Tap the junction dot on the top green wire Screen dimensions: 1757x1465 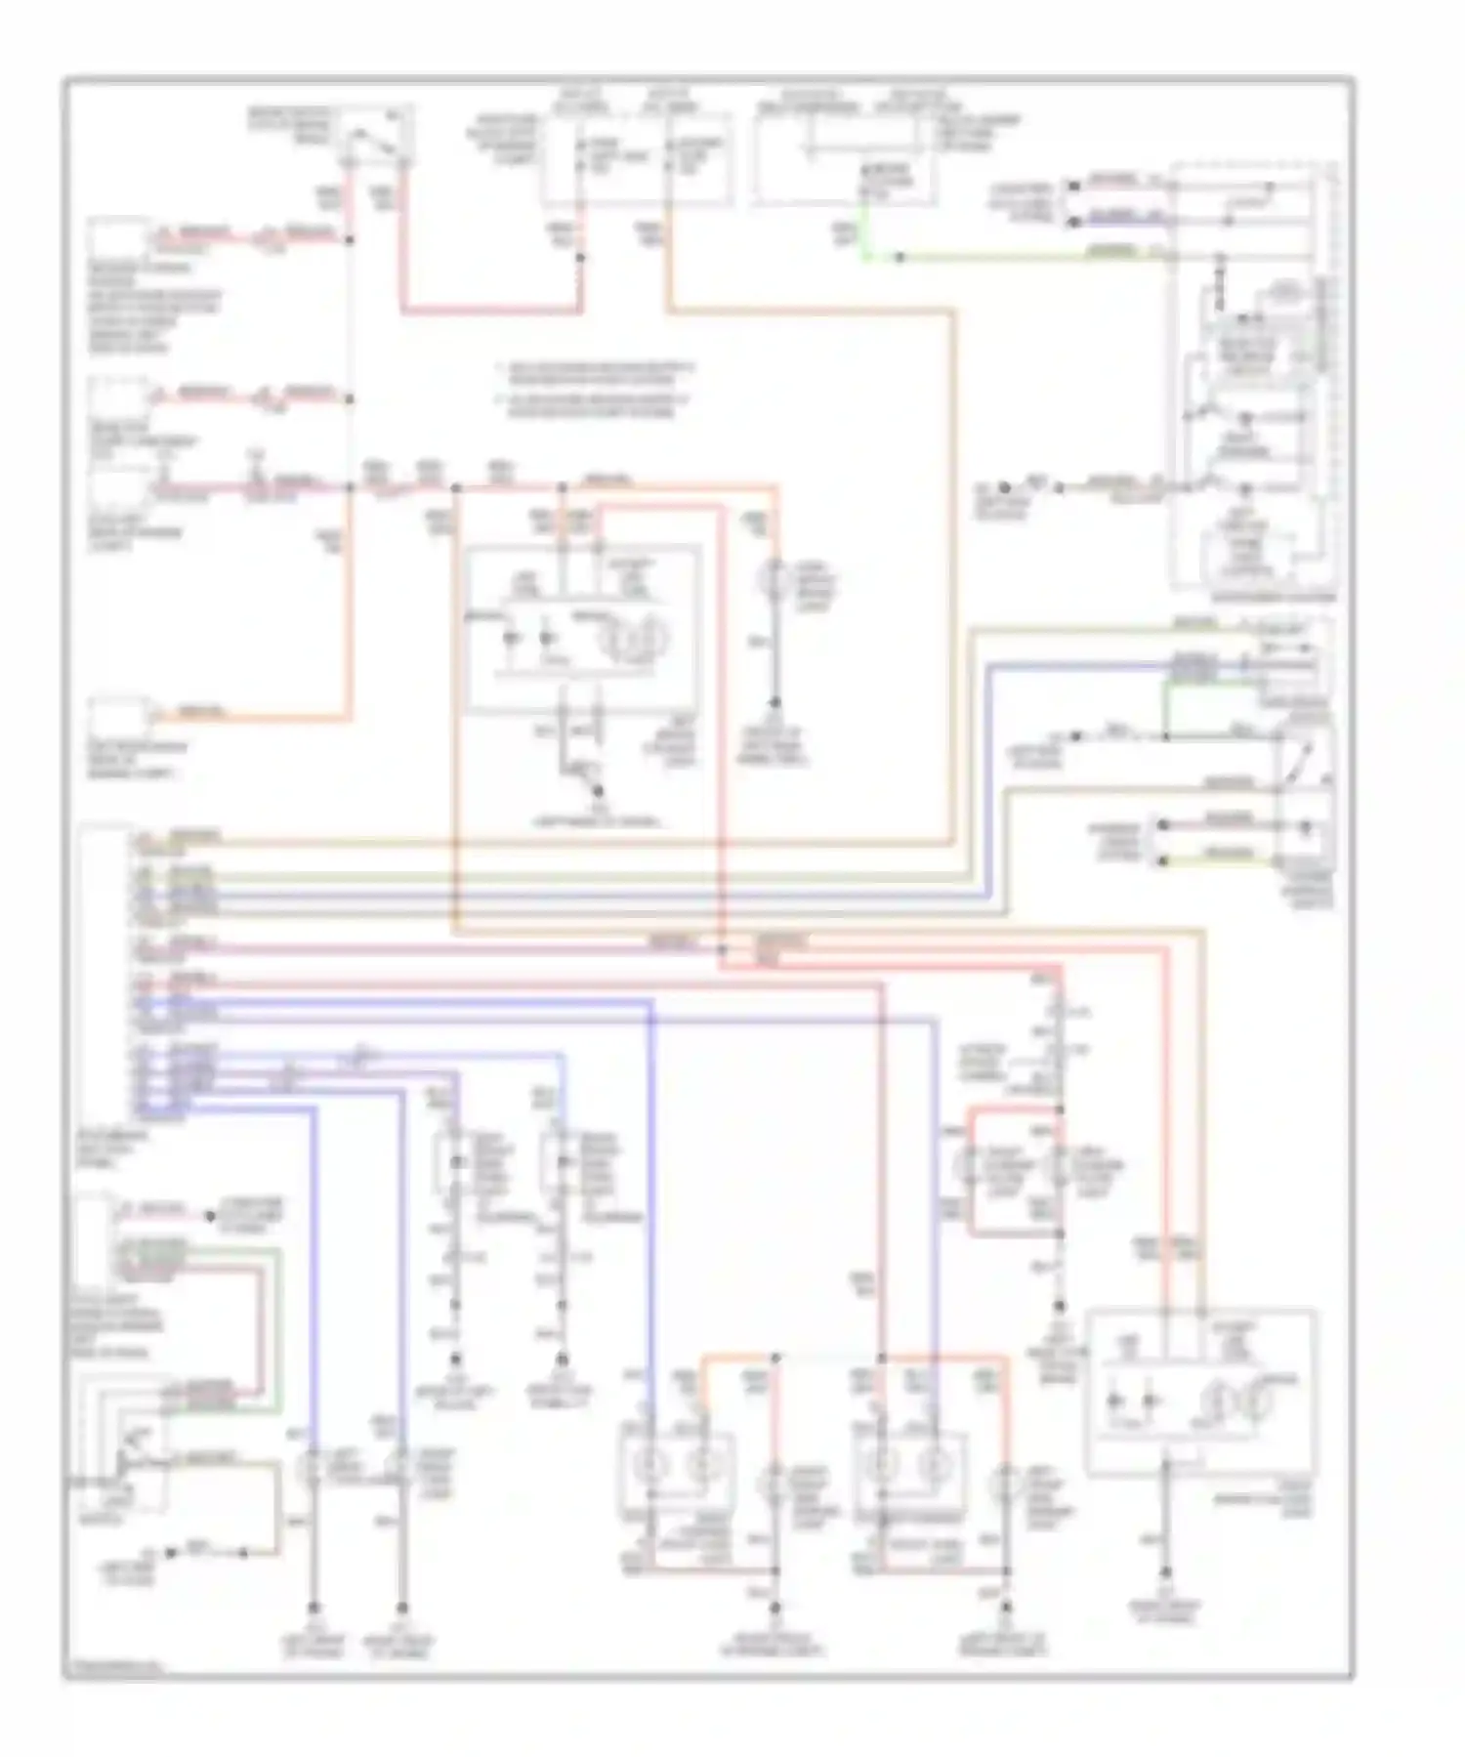pyautogui.click(x=900, y=258)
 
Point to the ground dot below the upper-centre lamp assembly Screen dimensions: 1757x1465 pyautogui.click(x=598, y=792)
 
